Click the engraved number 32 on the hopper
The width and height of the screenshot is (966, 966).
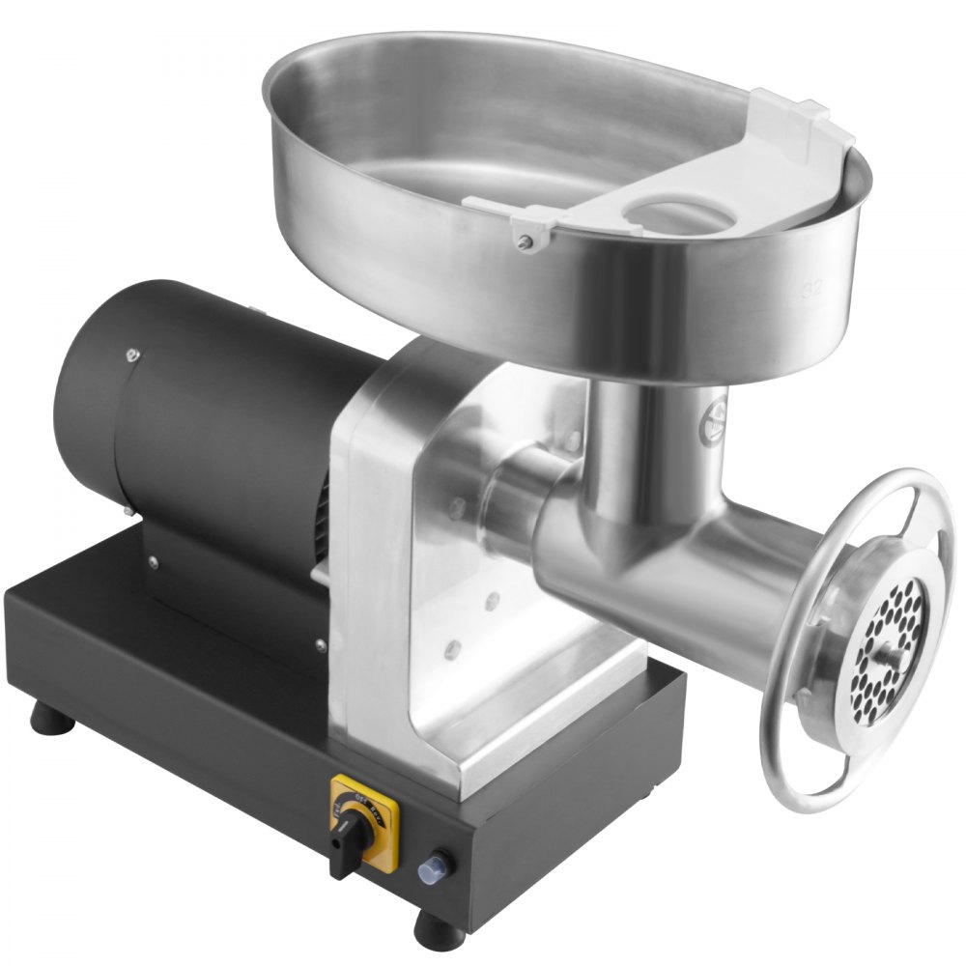tap(813, 287)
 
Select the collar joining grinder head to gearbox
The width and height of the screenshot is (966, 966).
tap(507, 493)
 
